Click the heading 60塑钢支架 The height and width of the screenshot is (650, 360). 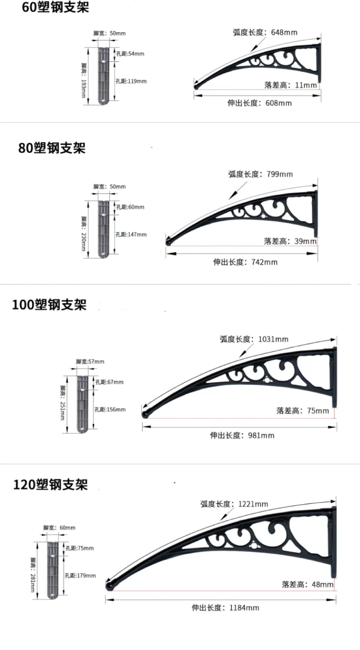(x=55, y=7)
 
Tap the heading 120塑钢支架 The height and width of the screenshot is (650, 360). (x=50, y=484)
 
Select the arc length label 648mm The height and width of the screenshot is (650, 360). (x=265, y=32)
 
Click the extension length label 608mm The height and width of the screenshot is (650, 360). (x=260, y=103)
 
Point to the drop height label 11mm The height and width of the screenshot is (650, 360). (x=291, y=85)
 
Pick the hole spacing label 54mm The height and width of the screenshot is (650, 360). (x=130, y=53)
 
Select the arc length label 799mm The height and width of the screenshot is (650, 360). (x=260, y=174)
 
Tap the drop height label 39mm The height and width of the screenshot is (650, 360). (x=290, y=241)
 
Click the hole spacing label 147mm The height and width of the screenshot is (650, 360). (x=131, y=234)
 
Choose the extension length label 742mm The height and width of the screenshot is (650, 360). (x=245, y=262)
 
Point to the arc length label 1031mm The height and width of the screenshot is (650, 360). (x=254, y=339)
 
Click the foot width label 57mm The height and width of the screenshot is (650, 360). (x=90, y=362)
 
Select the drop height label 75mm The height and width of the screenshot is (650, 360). (x=302, y=411)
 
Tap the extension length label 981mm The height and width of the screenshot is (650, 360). (x=242, y=435)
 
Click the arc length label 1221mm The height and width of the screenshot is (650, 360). (x=234, y=504)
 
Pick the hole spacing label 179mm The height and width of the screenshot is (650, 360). (x=80, y=576)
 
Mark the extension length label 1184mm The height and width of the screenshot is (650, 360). (x=225, y=608)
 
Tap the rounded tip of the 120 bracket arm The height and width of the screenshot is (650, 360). (x=109, y=585)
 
